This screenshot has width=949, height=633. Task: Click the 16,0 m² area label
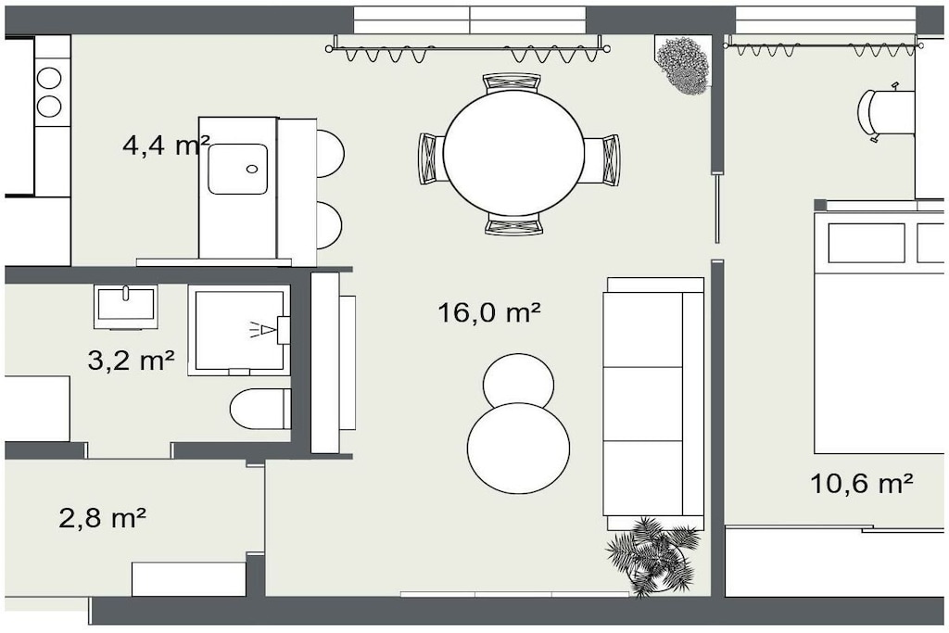pyautogui.click(x=488, y=313)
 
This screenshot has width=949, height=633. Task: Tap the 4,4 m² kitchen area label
pyautogui.click(x=166, y=146)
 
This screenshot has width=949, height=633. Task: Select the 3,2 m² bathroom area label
pyautogui.click(x=132, y=361)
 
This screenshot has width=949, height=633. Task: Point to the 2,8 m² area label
pyautogui.click(x=102, y=517)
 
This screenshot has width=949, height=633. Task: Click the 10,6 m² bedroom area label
pyautogui.click(x=861, y=484)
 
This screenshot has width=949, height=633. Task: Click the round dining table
pyautogui.click(x=513, y=153)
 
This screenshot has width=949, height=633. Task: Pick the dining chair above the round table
pyautogui.click(x=512, y=82)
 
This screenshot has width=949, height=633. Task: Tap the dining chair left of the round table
pyautogui.click(x=431, y=159)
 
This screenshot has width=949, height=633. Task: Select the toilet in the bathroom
pyautogui.click(x=260, y=409)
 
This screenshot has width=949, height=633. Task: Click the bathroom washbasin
pyautogui.click(x=126, y=306)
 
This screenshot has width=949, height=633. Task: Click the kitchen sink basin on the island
pyautogui.click(x=238, y=169)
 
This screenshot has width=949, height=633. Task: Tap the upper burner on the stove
pyautogui.click(x=49, y=78)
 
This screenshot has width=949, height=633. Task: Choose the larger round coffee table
pyautogui.click(x=519, y=448)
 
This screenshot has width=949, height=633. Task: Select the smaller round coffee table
pyautogui.click(x=519, y=380)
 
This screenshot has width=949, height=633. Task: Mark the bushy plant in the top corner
pyautogui.click(x=684, y=66)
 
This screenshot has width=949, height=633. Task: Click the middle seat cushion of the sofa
pyautogui.click(x=643, y=404)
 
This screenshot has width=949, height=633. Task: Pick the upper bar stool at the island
pyautogui.click(x=329, y=154)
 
